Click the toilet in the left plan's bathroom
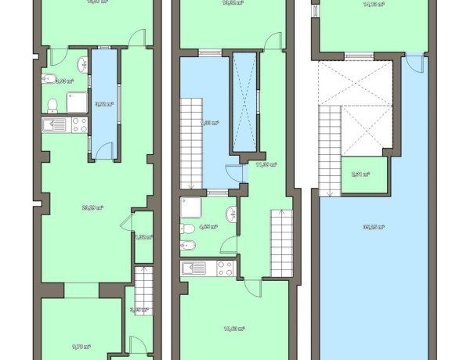click(53, 104)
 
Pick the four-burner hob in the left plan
click(78, 125)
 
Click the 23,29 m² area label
click(92, 207)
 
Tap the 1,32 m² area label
click(142, 236)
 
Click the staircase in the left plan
click(143, 290)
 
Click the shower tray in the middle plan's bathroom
click(191, 207)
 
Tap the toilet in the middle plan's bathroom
click(186, 229)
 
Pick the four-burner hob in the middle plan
click(225, 268)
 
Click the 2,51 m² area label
click(360, 175)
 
